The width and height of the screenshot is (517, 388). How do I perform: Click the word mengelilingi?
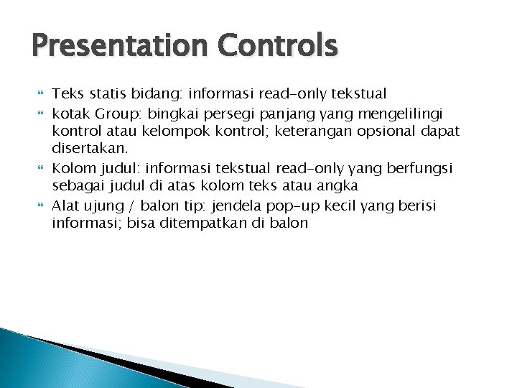pos(406,114)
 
